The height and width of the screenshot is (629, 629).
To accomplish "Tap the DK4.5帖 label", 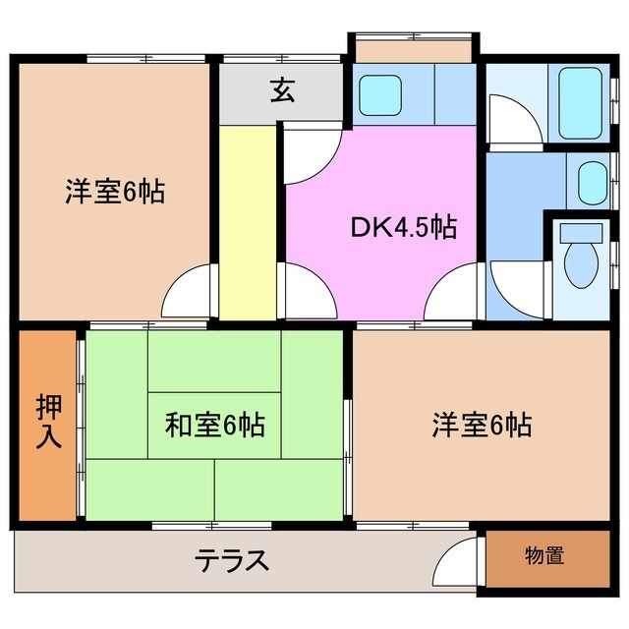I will click(403, 228).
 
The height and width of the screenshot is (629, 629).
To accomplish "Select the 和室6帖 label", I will click(214, 426).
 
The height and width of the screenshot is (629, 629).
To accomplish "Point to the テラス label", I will click(232, 561).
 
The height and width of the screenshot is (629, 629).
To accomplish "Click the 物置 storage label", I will click(543, 555).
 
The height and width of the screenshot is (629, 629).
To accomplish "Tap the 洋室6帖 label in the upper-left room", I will click(114, 191).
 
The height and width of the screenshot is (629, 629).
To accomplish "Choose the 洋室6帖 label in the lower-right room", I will click(482, 426).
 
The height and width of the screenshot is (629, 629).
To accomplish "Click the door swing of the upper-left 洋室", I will click(189, 292).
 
